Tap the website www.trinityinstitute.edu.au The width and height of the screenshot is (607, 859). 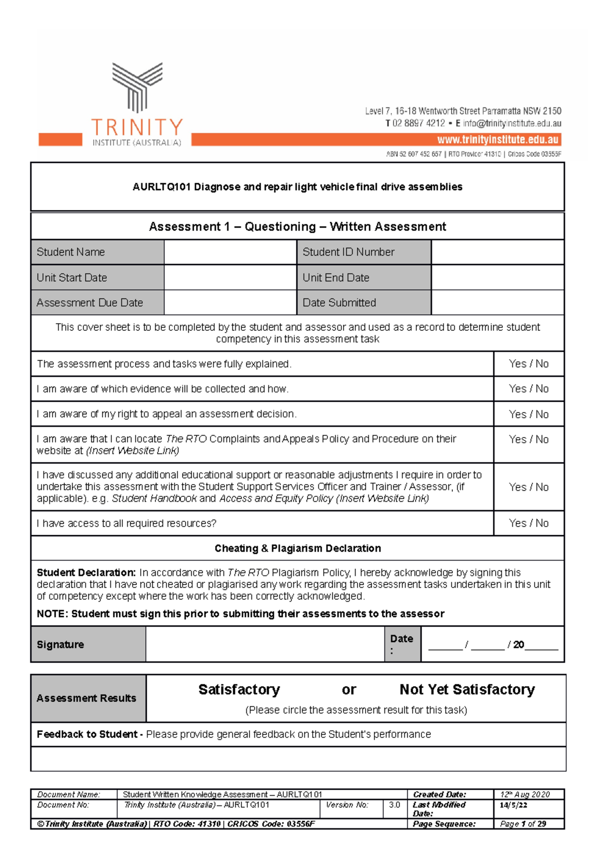coord(498,140)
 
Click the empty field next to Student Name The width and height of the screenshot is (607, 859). coord(230,252)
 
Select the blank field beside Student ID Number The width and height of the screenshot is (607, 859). coord(498,252)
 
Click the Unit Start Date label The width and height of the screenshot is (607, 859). coord(72,278)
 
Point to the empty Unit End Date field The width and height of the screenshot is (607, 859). coord(498,278)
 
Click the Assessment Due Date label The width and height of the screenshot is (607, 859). coord(90,303)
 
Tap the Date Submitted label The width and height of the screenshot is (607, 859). coord(339,303)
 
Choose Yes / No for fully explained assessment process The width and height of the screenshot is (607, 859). coord(529,364)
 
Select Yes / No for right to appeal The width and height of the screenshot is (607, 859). coord(529,414)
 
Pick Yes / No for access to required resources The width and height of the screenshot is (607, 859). coord(529,523)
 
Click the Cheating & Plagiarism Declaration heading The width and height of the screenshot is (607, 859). coord(297,548)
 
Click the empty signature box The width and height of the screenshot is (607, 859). coord(265,645)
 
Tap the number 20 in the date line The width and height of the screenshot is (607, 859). coord(518,645)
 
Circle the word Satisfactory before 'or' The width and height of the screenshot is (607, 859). coord(239,690)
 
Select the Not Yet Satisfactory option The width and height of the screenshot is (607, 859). coord(467,690)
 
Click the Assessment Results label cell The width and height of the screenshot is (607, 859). coord(86,698)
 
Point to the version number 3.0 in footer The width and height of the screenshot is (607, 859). coord(395,805)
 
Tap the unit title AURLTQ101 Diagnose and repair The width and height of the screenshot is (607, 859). coord(297,187)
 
